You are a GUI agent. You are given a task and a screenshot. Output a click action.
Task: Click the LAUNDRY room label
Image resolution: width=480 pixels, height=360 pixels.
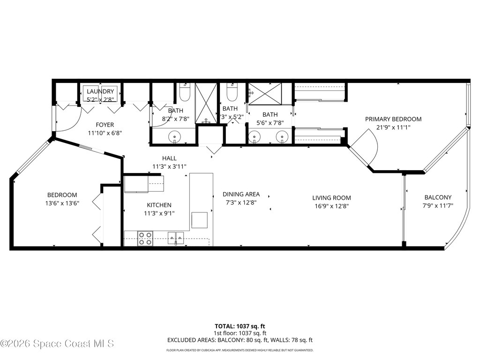point(100,91)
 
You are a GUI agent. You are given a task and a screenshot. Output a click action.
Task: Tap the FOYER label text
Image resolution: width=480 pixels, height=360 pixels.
point(105,125)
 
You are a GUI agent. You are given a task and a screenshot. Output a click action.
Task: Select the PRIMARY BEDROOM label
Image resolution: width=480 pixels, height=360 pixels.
point(393,119)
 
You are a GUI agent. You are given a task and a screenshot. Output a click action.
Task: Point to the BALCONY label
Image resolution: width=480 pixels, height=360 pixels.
point(438,197)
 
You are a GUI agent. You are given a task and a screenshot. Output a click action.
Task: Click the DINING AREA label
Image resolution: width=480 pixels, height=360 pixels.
point(241,195)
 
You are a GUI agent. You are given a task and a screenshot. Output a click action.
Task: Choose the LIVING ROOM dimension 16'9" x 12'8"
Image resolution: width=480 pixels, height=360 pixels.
point(332,206)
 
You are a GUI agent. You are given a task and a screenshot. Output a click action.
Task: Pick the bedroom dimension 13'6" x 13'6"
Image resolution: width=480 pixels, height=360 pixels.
point(62,203)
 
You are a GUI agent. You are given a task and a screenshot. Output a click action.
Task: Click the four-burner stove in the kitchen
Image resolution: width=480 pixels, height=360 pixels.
point(145,239)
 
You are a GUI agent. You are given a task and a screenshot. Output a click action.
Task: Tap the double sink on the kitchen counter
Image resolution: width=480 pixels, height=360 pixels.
point(176,238)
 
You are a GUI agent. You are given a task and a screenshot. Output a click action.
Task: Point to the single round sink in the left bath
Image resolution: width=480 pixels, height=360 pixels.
point(175,137)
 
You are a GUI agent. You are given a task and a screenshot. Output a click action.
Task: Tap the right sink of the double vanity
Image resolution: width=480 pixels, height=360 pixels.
point(282,137)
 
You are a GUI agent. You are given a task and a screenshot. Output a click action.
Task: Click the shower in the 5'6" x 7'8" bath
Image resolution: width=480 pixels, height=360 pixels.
point(265,94)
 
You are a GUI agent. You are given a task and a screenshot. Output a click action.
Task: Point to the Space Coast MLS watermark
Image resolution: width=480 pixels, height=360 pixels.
point(57,344)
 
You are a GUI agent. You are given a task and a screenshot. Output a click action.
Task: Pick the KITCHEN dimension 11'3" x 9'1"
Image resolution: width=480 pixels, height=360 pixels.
point(159,213)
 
